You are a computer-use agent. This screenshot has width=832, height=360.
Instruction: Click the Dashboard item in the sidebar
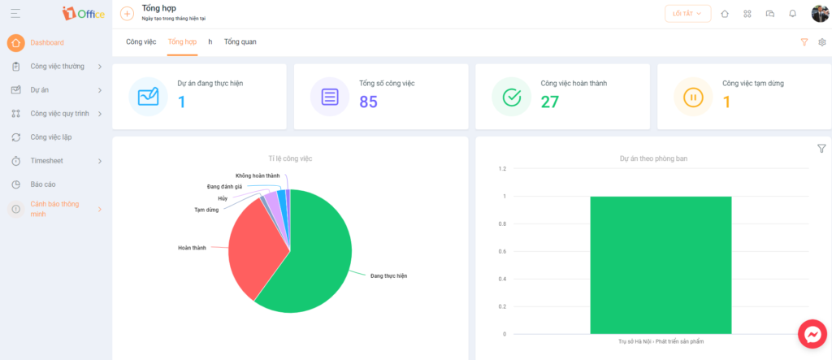[46, 42]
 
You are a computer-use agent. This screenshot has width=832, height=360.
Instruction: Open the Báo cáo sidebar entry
[43, 184]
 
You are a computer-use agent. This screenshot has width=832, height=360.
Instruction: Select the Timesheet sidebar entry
[46, 160]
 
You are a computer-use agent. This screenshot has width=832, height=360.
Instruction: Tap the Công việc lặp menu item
[51, 137]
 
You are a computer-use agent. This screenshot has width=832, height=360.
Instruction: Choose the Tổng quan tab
[240, 41]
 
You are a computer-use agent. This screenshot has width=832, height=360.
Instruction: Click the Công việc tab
[141, 41]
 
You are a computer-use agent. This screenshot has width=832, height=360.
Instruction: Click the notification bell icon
[793, 14]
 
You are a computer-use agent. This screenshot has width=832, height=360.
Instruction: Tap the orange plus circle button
[128, 14]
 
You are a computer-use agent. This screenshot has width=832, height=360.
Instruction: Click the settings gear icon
[822, 42]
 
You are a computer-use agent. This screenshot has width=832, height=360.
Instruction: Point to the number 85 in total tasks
[369, 102]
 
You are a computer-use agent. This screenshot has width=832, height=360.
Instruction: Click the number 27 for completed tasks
[550, 102]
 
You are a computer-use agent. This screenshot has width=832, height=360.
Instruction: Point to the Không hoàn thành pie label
[258, 176]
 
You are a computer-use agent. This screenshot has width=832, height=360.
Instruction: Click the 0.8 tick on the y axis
[502, 224]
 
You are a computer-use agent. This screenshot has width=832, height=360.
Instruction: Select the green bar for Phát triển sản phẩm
[661, 265]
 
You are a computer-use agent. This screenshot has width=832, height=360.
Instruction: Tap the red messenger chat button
[812, 334]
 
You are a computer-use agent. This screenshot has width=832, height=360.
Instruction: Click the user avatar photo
[820, 14]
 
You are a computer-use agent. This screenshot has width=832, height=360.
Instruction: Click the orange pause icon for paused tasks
[693, 97]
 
